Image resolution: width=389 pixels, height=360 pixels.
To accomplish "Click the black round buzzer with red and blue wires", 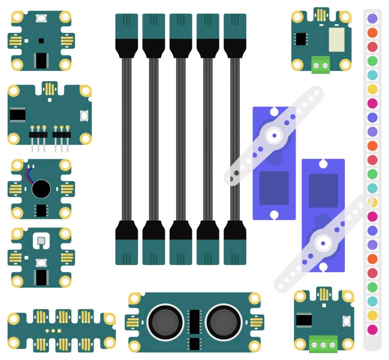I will pyautogui.click(x=41, y=189).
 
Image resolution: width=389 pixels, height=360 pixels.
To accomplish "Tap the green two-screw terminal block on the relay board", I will pyautogui.click(x=320, y=65).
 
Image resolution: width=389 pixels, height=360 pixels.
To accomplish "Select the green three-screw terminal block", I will pyautogui.click(x=323, y=345).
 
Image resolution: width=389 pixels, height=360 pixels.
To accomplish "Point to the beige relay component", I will pyautogui.click(x=337, y=40).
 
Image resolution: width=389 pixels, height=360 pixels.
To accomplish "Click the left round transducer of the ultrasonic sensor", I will pyautogui.click(x=165, y=322).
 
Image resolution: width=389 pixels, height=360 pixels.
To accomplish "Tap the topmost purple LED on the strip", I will pyautogui.click(x=372, y=19).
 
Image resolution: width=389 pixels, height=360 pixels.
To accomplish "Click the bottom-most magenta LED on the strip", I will pyautogui.click(x=372, y=330).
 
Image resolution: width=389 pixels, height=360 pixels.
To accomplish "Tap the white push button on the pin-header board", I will pyautogui.click(x=84, y=116).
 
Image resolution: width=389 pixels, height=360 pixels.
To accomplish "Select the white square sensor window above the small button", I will pyautogui.click(x=41, y=241).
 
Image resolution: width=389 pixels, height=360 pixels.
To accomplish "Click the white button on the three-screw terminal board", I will pyautogui.click(x=346, y=321).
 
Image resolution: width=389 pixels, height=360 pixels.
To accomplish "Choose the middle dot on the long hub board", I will pyautogui.click(x=53, y=331).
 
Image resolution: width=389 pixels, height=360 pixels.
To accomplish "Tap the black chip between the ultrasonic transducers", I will pyautogui.click(x=195, y=322).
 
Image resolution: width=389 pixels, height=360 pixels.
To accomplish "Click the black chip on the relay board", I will pyautogui.click(x=300, y=39).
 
